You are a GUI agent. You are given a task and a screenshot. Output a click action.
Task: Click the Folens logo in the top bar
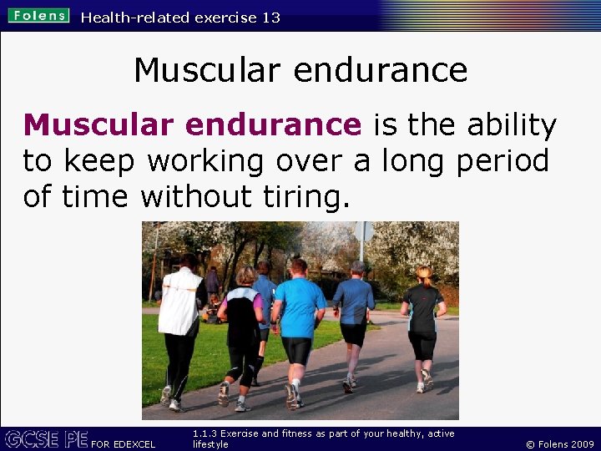click(x=38, y=16)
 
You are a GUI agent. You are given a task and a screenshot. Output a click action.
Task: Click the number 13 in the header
click(x=270, y=17)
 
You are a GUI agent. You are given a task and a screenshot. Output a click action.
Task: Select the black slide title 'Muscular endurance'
click(x=300, y=69)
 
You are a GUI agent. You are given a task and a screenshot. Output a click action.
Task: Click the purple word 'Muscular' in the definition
click(x=98, y=125)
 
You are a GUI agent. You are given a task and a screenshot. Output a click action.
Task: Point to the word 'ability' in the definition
click(x=512, y=125)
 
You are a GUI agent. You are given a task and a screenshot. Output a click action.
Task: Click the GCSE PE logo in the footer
click(x=45, y=438)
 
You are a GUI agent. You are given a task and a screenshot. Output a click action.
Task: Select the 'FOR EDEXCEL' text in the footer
click(x=123, y=443)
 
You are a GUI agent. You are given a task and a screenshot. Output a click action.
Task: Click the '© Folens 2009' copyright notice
click(x=559, y=443)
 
